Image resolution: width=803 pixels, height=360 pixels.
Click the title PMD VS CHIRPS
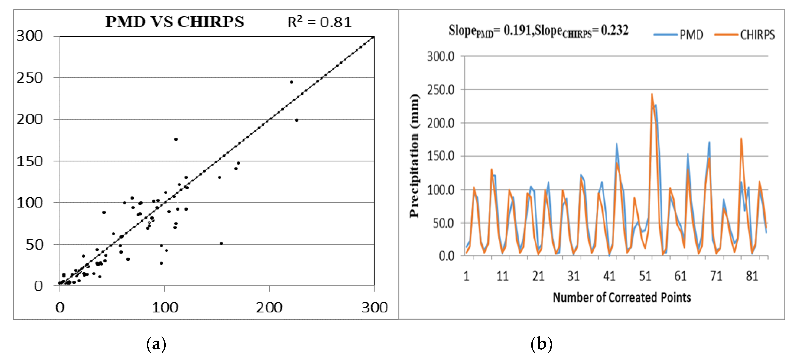[174, 22]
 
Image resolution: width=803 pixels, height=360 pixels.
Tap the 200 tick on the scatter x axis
[269, 308]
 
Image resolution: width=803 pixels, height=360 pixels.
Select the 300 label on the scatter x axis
[374, 308]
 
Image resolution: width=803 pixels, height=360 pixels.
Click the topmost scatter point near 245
[291, 82]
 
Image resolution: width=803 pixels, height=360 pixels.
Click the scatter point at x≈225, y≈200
[296, 120]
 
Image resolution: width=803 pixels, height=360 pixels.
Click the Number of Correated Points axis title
[622, 297]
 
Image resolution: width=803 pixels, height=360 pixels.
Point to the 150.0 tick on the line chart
[440, 156]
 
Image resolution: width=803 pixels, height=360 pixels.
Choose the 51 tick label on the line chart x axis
[645, 276]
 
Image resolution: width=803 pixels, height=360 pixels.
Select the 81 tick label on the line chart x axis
[752, 276]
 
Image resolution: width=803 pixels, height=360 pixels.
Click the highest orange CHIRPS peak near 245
[652, 94]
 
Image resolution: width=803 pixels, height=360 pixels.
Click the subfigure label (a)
[156, 344]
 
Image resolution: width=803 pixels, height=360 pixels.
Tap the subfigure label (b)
[541, 344]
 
